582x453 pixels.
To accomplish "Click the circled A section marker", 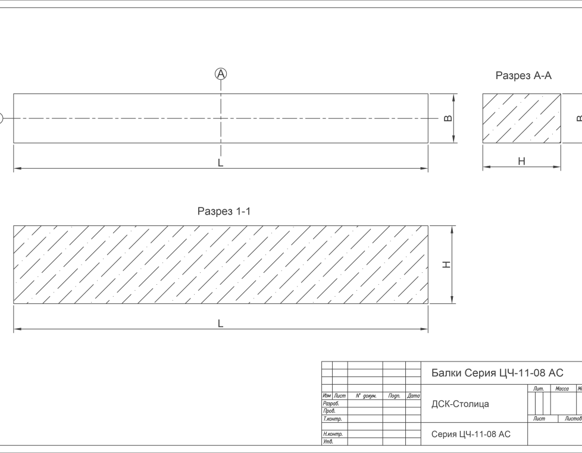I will tap(221, 74).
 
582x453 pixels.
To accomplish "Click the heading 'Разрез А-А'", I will tap(524, 76).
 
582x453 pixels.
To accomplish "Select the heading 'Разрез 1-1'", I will tap(224, 212).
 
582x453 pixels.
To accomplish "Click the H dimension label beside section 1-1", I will tap(448, 265).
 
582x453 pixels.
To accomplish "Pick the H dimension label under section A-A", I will tap(521, 161).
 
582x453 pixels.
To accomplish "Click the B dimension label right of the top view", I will tap(449, 118).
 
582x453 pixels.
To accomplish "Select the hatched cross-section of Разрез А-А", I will tap(521, 118).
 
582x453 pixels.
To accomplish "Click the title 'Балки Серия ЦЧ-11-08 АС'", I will tap(497, 373).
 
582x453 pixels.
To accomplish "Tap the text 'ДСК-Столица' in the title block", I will tap(460, 404).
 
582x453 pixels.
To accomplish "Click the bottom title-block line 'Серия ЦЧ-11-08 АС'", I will tap(471, 435).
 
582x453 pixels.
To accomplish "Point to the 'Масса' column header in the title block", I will tap(562, 389).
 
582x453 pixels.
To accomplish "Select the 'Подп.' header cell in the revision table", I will tap(394, 395).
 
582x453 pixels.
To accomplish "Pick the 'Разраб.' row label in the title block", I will tap(331, 403).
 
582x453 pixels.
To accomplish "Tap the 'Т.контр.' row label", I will tap(332, 419).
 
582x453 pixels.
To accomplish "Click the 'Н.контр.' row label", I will tap(332, 434).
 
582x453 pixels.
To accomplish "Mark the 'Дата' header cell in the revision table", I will tap(414, 395).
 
